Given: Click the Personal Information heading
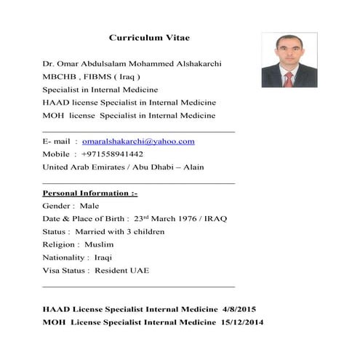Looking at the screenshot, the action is tap(90, 193).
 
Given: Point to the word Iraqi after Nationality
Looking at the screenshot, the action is tap(103, 257).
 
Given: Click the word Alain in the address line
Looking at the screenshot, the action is tap(192, 167).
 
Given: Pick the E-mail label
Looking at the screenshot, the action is tap(57, 141).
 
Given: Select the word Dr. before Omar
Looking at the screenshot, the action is tap(49, 63).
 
